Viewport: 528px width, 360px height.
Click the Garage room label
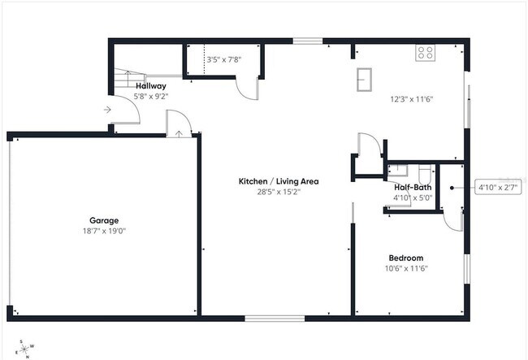tap(104, 220)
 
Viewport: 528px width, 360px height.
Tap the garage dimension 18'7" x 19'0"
tap(104, 231)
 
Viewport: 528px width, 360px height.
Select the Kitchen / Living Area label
tap(277, 181)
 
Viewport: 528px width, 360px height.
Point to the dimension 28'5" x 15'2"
tap(277, 192)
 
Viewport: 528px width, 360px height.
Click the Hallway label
tap(151, 85)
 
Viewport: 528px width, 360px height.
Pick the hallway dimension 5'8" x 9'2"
tap(151, 96)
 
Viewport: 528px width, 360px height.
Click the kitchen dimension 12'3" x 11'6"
tap(412, 99)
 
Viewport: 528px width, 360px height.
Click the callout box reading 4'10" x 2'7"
tap(496, 187)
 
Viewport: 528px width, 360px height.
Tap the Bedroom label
tap(406, 258)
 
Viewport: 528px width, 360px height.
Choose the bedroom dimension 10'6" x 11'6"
tap(406, 269)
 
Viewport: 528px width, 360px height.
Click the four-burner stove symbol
tap(426, 54)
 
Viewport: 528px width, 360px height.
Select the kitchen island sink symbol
tap(365, 80)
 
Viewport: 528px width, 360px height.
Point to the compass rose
tap(25, 348)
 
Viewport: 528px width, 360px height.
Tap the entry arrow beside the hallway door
tap(107, 111)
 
